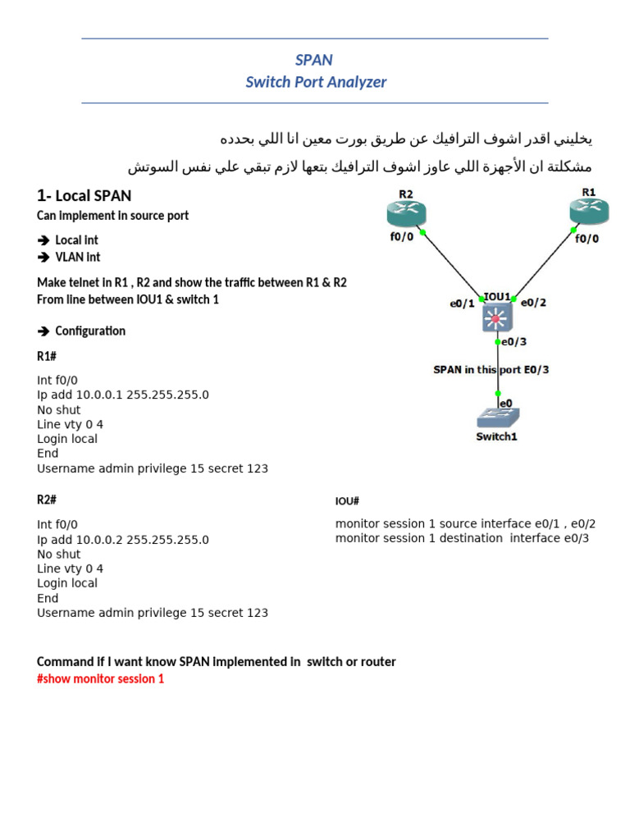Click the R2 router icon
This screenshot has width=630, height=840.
coord(406,214)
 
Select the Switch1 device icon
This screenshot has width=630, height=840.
coord(497,417)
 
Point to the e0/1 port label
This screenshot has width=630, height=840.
coord(462,304)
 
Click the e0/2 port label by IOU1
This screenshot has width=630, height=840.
coord(533,302)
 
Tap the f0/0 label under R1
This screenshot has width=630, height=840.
coord(586,239)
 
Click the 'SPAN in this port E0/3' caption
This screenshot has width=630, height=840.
coord(491,369)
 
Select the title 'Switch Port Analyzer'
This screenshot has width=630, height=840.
coord(316,82)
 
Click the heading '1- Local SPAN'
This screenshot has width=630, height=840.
coord(84,195)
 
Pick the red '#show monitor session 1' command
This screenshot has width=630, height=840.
coord(100,679)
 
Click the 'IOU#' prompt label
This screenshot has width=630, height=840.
coord(347,501)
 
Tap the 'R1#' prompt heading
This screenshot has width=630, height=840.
coord(46,357)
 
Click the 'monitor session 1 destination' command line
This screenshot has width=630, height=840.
coord(462,538)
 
